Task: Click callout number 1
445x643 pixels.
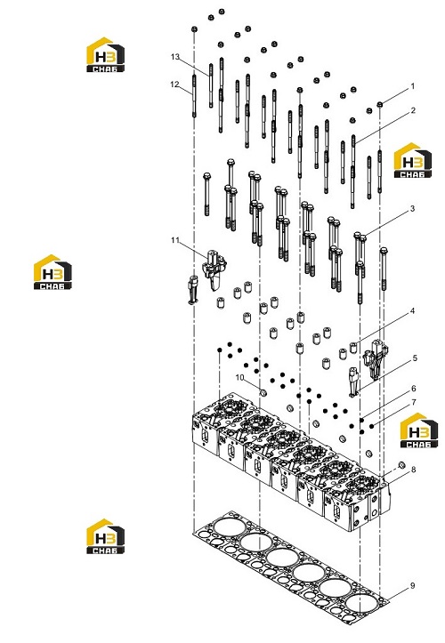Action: pyautogui.click(x=413, y=86)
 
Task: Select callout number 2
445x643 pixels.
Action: pyautogui.click(x=413, y=110)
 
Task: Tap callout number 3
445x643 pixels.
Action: pyautogui.click(x=413, y=209)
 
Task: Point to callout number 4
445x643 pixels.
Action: pyautogui.click(x=413, y=311)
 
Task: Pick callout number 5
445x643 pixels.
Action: pyautogui.click(x=415, y=358)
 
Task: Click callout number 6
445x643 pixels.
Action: pyautogui.click(x=413, y=389)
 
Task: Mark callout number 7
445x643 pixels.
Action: pyautogui.click(x=413, y=403)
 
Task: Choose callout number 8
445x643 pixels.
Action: pyautogui.click(x=413, y=469)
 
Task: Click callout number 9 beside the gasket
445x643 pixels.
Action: pyautogui.click(x=413, y=586)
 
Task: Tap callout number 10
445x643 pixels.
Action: pyautogui.click(x=239, y=377)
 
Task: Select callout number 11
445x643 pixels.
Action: pyautogui.click(x=175, y=240)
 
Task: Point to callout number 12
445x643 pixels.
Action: pyautogui.click(x=174, y=84)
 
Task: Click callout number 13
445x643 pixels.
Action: pyautogui.click(x=175, y=57)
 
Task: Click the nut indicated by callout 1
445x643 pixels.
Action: pyautogui.click(x=380, y=105)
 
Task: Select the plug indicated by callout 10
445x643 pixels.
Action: pyautogui.click(x=263, y=393)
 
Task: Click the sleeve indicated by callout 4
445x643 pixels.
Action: pyautogui.click(x=353, y=348)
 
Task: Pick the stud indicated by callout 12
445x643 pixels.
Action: pyautogui.click(x=194, y=95)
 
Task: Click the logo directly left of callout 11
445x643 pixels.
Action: pyautogui.click(x=53, y=272)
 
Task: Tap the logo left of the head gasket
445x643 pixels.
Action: pyautogui.click(x=106, y=536)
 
